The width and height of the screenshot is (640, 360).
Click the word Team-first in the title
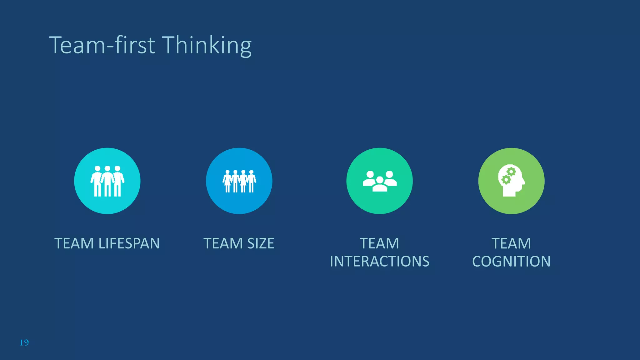(x=102, y=45)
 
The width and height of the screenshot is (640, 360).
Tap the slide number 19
(x=24, y=342)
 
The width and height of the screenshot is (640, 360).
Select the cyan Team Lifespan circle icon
(x=107, y=181)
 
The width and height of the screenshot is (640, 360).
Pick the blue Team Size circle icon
(x=239, y=181)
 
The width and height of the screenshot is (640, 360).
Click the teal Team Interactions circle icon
(x=379, y=181)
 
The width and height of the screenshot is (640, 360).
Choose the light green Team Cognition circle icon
(x=511, y=181)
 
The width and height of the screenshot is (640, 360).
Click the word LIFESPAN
(x=129, y=243)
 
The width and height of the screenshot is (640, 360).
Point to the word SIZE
(x=261, y=243)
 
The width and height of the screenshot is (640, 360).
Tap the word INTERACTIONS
(x=379, y=261)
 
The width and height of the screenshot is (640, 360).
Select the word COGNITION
(x=511, y=261)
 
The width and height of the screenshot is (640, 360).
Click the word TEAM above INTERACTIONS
(x=379, y=243)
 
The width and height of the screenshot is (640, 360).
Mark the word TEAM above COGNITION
(x=511, y=243)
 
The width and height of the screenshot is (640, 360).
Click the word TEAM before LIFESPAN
(x=74, y=243)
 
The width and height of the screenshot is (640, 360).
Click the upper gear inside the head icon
(x=511, y=172)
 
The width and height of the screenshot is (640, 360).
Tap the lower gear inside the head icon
(x=505, y=180)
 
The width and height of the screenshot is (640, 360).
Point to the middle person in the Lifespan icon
(x=107, y=181)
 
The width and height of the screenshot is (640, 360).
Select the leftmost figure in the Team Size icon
(x=227, y=181)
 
